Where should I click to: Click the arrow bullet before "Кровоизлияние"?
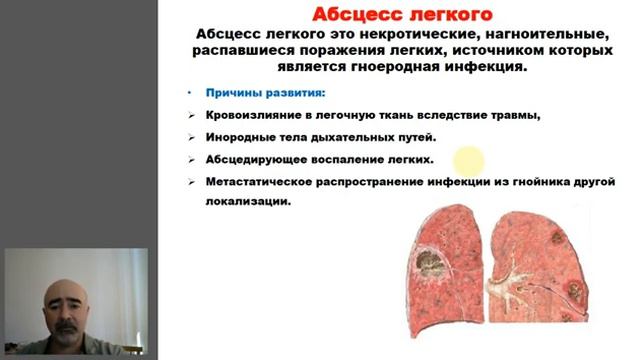click(x=191, y=115)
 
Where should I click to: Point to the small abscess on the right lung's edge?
click(x=576, y=291)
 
